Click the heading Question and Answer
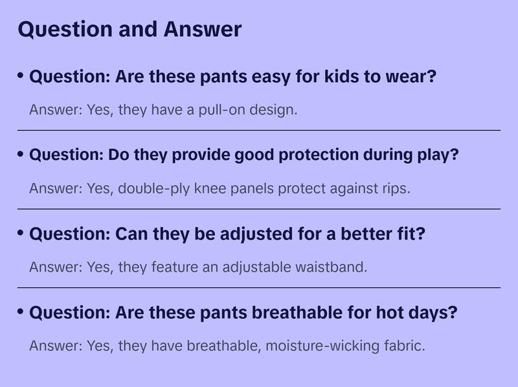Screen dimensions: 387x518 [x=129, y=29]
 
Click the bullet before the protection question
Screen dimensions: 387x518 [x=21, y=155]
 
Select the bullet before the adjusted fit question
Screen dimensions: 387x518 [x=21, y=233]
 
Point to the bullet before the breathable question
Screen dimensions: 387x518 [x=21, y=312]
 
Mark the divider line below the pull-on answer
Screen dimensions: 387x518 [x=259, y=130]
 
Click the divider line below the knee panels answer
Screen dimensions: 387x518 [x=259, y=209]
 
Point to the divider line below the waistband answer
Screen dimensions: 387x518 [x=259, y=287]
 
